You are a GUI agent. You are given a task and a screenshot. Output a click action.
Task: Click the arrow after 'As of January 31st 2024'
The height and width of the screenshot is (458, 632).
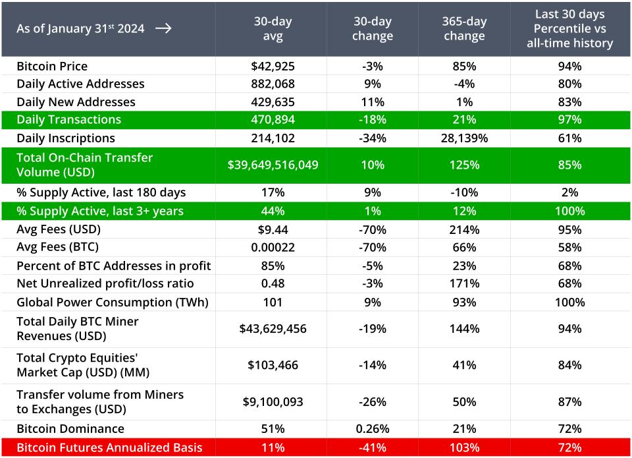[x=163, y=28]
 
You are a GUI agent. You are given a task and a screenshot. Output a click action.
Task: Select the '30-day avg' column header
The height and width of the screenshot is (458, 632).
[x=273, y=29]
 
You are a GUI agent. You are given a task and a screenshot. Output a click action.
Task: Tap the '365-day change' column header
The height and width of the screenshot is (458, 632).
[x=464, y=29]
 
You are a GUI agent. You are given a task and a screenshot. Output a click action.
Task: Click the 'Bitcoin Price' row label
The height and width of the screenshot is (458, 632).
[x=52, y=66]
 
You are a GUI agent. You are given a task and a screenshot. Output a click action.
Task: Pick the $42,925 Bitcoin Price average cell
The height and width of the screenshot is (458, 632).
[x=273, y=66]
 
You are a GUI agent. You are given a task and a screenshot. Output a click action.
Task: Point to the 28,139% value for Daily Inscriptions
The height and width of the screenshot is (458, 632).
[x=464, y=138]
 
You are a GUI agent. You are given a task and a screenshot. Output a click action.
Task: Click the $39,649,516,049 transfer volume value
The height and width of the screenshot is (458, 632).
[x=273, y=165]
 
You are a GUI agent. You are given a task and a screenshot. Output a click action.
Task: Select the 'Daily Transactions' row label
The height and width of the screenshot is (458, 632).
[x=68, y=119]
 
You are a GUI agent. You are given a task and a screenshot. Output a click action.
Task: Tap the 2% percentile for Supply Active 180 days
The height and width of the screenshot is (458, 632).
[x=569, y=192]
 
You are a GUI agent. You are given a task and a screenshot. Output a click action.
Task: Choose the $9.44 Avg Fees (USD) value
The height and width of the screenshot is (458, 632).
[x=273, y=229]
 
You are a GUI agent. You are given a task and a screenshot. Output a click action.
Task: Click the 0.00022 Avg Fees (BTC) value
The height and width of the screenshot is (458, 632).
[x=273, y=247]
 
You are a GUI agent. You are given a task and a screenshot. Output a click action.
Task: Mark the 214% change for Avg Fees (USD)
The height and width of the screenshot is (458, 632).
[x=464, y=229]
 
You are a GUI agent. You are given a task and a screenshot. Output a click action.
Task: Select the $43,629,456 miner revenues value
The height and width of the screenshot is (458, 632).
[x=273, y=329]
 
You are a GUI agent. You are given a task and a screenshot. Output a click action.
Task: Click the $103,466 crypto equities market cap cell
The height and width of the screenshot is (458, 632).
[x=273, y=365]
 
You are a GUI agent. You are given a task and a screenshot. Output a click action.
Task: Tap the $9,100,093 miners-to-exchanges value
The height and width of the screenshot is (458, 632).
[x=273, y=401]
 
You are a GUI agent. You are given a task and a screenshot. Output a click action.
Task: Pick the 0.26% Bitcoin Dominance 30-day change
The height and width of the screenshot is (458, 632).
[x=372, y=428]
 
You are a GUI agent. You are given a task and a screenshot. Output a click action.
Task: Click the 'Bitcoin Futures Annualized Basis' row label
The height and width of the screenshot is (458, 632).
[x=109, y=447]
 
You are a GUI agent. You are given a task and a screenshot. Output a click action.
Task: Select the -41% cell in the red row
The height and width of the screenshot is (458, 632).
[x=372, y=447]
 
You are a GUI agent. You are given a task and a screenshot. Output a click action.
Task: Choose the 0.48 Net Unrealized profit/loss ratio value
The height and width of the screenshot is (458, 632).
[x=273, y=283]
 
